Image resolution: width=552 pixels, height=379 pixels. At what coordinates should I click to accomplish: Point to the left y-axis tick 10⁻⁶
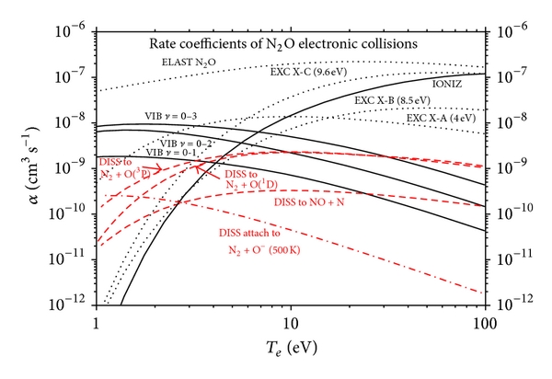coord(70,27)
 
